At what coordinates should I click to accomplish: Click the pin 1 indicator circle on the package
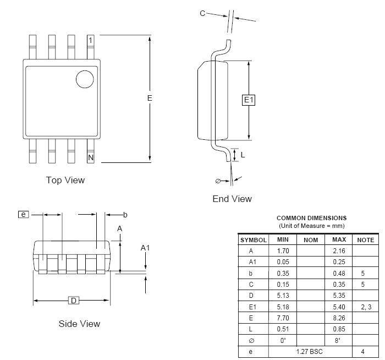(85, 79)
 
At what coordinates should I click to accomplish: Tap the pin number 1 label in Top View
(90, 41)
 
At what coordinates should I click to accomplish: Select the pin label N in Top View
(90, 158)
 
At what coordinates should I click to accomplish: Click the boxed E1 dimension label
(249, 100)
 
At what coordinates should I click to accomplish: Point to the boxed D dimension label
(73, 301)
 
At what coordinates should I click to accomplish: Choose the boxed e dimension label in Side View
(24, 214)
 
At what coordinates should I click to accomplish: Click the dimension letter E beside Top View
(149, 98)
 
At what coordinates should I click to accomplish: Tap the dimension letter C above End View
(202, 13)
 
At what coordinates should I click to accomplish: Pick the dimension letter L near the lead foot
(243, 155)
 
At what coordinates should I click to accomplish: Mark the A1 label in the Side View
(145, 248)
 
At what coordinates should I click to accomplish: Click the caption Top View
(65, 180)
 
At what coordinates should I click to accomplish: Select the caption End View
(232, 199)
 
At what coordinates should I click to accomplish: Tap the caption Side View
(79, 324)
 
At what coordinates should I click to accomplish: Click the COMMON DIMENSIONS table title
(311, 218)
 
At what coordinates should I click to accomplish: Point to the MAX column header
(338, 240)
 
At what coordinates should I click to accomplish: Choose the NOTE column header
(365, 240)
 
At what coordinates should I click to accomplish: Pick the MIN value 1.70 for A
(283, 251)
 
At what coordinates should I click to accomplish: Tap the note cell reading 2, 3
(365, 307)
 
